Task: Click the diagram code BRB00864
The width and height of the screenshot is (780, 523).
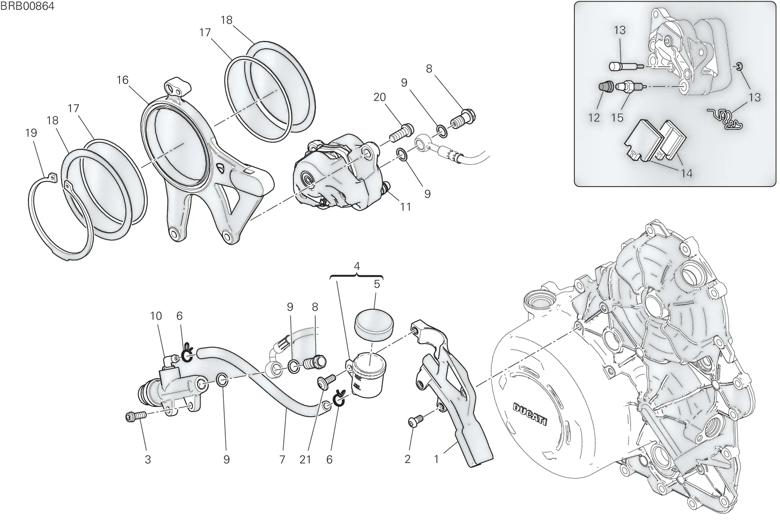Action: click(x=27, y=6)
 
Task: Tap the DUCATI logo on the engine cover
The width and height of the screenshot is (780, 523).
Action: click(x=530, y=414)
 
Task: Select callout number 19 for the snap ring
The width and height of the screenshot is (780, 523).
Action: click(x=31, y=133)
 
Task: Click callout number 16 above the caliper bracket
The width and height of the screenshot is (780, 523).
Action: click(x=122, y=80)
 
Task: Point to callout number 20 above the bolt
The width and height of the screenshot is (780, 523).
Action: click(x=380, y=97)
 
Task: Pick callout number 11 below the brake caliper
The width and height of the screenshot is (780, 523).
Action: click(x=405, y=207)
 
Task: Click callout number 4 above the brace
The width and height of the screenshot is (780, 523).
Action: click(x=356, y=267)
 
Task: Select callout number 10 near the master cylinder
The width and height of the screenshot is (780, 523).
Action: click(x=156, y=316)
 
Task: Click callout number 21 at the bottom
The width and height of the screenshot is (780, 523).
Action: click(x=305, y=460)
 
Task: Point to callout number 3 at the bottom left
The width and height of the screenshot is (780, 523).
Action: click(x=148, y=460)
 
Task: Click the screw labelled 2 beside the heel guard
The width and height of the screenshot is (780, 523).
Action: click(x=415, y=420)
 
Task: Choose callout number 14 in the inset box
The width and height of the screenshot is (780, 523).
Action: click(x=686, y=173)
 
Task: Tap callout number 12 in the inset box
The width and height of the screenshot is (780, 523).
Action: click(x=594, y=117)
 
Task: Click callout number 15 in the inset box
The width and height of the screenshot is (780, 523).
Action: click(x=617, y=117)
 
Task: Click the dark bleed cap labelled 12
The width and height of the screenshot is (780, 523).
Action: click(x=606, y=87)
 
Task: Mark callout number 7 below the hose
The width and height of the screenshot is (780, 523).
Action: click(x=282, y=460)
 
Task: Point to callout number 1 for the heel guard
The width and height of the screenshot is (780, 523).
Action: click(x=436, y=460)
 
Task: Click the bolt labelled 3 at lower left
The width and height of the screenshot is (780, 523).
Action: click(x=136, y=416)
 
